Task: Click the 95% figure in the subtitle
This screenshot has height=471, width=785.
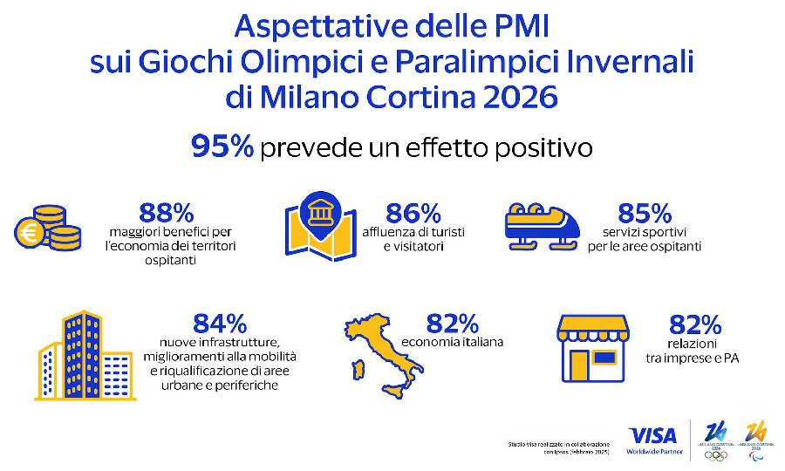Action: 222,147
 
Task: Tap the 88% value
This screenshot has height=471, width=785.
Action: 166,212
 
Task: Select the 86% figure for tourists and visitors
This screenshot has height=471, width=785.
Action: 414,212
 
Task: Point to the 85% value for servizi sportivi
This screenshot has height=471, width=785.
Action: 644,212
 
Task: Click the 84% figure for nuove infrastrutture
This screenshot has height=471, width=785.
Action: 220,324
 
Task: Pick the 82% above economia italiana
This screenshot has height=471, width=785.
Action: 452,324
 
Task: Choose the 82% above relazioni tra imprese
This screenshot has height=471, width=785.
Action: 695,324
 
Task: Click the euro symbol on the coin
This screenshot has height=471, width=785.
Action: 30,234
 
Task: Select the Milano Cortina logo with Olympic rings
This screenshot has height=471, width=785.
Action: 716,440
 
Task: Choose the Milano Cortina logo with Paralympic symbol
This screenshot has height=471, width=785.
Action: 756,440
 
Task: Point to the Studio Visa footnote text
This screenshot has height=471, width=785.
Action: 558,448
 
